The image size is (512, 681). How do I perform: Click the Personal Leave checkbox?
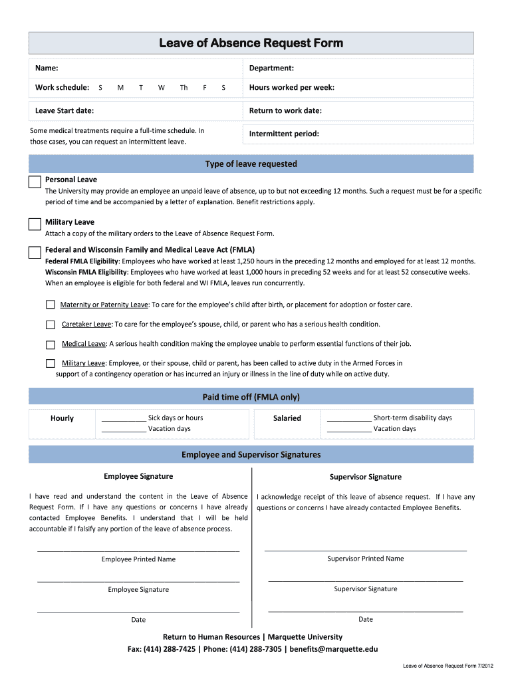[35, 182]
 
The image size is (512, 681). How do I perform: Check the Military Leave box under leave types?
[35, 224]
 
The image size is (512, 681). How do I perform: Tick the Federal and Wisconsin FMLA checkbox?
[35, 253]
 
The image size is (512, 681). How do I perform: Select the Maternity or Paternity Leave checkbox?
[51, 305]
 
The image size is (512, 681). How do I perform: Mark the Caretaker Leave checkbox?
[51, 325]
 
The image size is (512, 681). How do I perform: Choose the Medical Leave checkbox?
[51, 344]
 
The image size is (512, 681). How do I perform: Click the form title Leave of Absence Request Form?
[251, 43]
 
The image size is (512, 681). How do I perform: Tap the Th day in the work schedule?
[184, 88]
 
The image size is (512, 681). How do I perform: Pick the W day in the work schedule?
[162, 88]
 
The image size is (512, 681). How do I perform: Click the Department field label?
[271, 68]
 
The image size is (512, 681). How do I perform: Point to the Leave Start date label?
[64, 111]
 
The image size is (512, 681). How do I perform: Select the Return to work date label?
[285, 111]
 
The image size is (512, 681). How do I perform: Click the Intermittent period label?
[284, 134]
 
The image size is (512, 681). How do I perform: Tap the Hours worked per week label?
[291, 88]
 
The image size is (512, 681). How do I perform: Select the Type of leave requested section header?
[251, 164]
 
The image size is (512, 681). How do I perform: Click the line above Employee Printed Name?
[138, 551]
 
